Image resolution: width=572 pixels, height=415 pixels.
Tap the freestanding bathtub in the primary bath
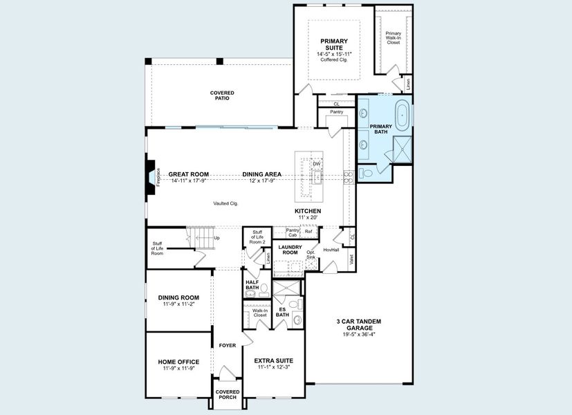(x=403, y=113)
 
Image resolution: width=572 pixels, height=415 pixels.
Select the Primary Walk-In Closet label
(x=393, y=37)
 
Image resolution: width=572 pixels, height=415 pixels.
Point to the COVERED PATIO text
(x=222, y=95)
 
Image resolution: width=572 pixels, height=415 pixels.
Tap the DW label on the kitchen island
(x=316, y=164)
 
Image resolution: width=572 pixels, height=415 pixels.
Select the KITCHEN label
(x=308, y=211)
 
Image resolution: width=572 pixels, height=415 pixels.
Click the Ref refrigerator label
(x=308, y=232)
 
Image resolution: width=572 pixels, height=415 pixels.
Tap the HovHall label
(x=331, y=250)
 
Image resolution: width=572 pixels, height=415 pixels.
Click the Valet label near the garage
(x=352, y=260)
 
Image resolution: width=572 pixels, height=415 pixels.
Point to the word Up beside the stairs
(x=216, y=238)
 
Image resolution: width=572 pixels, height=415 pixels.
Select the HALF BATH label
(x=252, y=284)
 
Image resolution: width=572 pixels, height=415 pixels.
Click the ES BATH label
(x=282, y=312)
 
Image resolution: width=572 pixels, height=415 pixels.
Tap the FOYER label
(x=228, y=345)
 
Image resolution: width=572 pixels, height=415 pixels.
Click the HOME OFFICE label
(x=178, y=362)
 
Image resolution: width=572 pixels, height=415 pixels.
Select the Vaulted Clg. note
(x=225, y=203)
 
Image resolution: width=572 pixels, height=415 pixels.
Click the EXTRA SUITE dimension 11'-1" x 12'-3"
(x=273, y=368)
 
